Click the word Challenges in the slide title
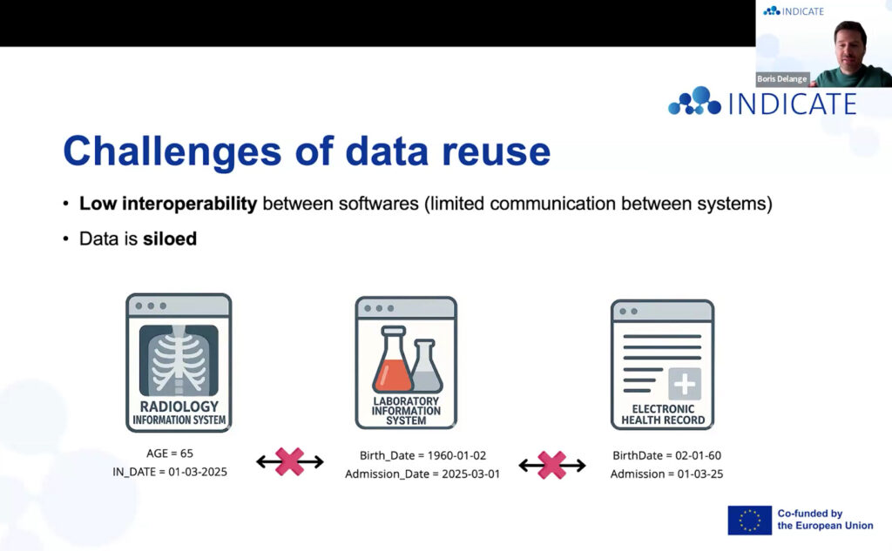(172, 151)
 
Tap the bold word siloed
(170, 239)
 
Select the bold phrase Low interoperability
(168, 204)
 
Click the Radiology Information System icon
(179, 363)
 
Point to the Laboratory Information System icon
(406, 363)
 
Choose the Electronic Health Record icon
(662, 365)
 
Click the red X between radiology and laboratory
(289, 461)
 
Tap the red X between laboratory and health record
(551, 465)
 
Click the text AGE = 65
(170, 454)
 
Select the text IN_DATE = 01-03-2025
(170, 472)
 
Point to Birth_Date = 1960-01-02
(422, 455)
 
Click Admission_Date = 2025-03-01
(422, 474)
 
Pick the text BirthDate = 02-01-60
(666, 455)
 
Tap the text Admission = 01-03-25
(666, 474)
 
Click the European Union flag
(750, 521)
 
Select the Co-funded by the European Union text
(825, 520)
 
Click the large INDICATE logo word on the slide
(792, 104)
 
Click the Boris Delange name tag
(781, 79)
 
